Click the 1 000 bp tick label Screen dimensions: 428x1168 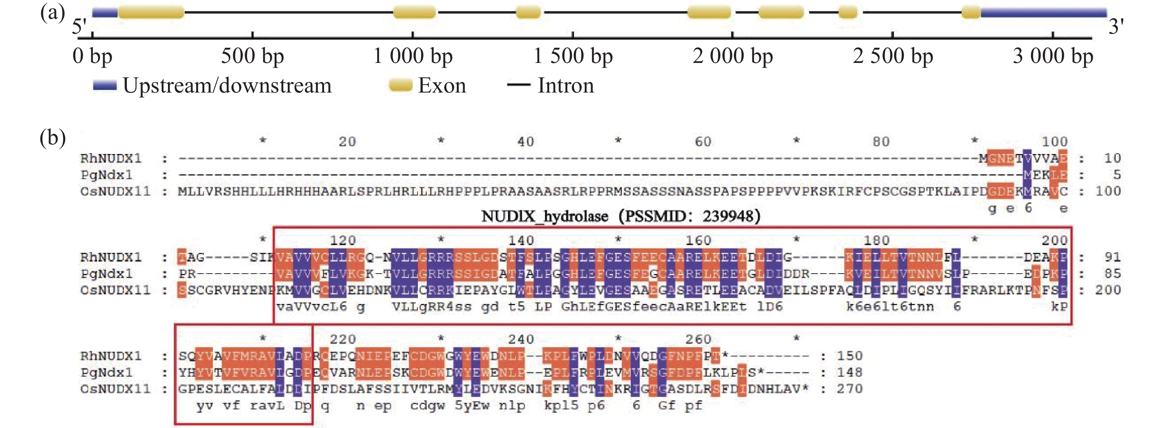tap(413, 57)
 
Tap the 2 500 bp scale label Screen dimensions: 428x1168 tap(893, 57)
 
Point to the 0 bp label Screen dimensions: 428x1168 tap(92, 57)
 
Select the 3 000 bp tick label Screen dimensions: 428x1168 tap(1053, 57)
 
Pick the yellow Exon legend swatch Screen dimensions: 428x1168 tap(400, 85)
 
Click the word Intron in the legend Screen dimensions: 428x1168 tap(565, 85)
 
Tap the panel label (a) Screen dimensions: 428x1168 tap(53, 13)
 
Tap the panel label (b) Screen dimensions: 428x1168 tap(53, 138)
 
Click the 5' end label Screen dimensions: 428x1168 tap(79, 26)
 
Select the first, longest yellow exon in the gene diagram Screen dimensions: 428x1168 tap(151, 12)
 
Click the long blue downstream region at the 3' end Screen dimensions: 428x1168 tap(1043, 12)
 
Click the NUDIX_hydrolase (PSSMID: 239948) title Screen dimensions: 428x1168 tap(620, 216)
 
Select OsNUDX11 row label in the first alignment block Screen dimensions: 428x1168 tap(115, 191)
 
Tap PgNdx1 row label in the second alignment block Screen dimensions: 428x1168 tap(106, 274)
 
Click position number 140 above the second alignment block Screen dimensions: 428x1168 tap(521, 240)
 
